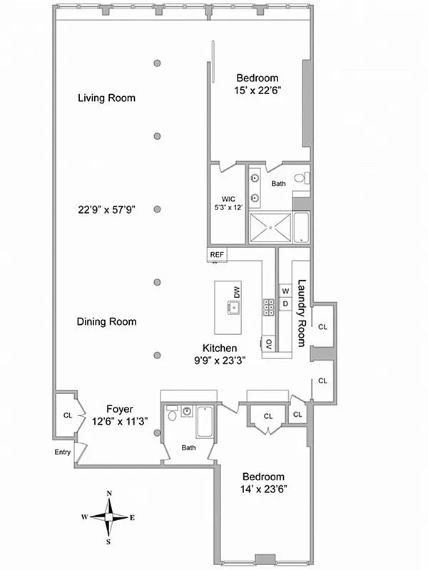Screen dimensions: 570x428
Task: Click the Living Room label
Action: click(106, 98)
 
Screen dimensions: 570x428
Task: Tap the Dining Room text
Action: click(106, 322)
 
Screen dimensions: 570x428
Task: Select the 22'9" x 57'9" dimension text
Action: click(106, 209)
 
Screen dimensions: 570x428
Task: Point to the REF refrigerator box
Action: click(215, 254)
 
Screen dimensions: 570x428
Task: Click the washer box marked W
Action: click(285, 291)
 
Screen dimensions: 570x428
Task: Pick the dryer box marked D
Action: click(285, 304)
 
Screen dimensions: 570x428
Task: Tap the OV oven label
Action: click(269, 344)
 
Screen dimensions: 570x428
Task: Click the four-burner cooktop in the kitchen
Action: click(270, 307)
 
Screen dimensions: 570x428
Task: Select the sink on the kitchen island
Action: click(233, 307)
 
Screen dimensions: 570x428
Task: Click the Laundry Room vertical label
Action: click(301, 312)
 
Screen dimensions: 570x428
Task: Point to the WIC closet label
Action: click(228, 199)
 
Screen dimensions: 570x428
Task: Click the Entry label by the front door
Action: click(63, 452)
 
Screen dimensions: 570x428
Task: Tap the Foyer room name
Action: click(120, 409)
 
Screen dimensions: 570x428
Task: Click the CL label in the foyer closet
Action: click(68, 415)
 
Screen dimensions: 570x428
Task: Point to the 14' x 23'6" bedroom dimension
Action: click(263, 489)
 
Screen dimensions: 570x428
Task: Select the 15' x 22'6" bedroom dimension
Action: click(258, 90)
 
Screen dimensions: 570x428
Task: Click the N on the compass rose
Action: click(109, 493)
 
